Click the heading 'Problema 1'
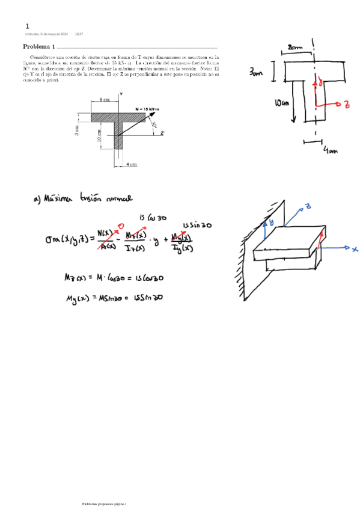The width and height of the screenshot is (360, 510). (x=39, y=47)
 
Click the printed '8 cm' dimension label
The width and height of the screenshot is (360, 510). (x=104, y=99)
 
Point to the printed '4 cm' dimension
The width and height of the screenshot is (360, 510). (x=132, y=164)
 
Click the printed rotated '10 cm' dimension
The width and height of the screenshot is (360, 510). (x=99, y=136)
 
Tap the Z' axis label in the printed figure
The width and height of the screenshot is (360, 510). (x=162, y=134)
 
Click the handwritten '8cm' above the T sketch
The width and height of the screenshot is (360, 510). (x=295, y=47)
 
